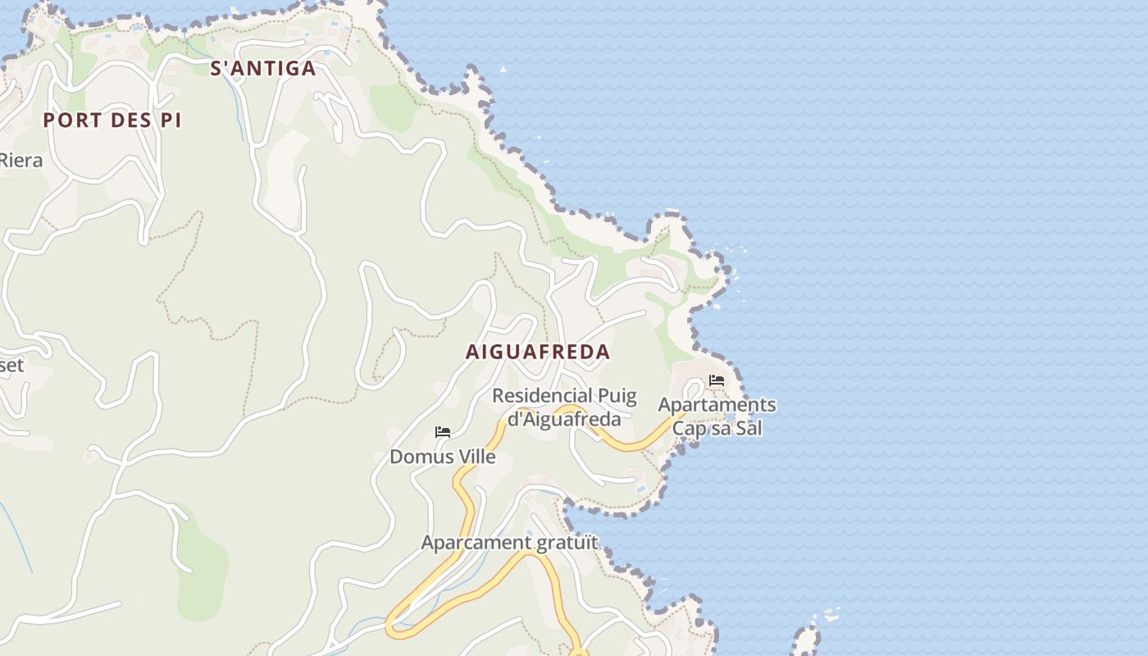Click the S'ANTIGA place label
coord(263,69)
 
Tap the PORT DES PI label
coord(112,121)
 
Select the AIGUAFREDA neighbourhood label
coord(538,353)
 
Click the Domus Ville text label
coord(443,457)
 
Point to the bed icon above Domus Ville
coord(443,431)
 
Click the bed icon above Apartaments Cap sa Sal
coord(717,380)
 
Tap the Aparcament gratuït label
coord(509,543)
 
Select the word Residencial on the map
coord(541,396)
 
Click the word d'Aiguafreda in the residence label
coord(564,420)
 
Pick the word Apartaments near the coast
coord(717,405)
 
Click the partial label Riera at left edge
coord(20,161)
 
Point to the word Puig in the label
coord(617,396)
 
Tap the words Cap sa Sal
coord(717,428)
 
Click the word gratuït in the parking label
coord(567,543)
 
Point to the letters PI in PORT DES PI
coord(170,121)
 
